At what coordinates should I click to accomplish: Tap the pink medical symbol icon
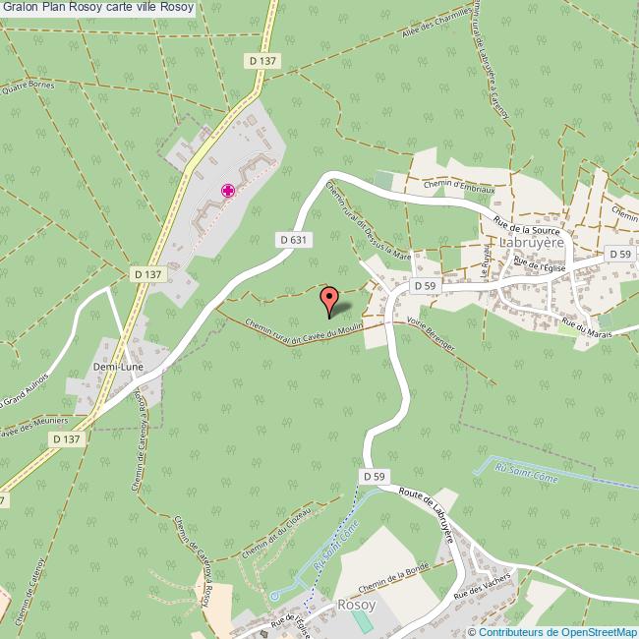click(x=227, y=191)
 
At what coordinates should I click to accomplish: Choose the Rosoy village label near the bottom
click(x=355, y=605)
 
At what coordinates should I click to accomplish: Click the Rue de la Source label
click(x=527, y=226)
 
